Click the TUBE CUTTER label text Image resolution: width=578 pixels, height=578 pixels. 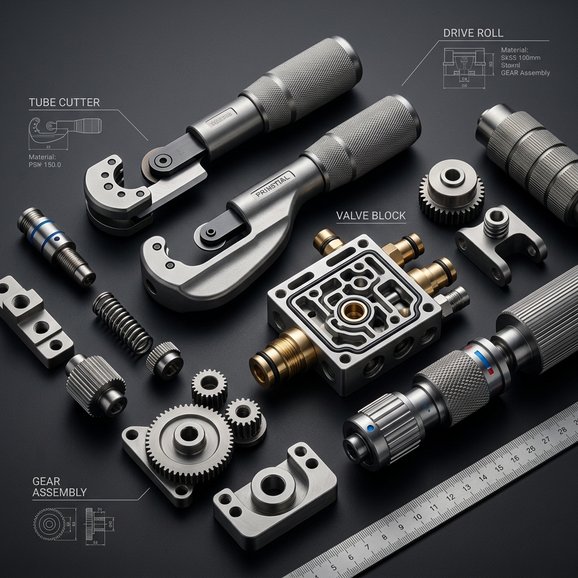click(x=64, y=102)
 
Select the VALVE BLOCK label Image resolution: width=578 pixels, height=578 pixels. click(x=370, y=216)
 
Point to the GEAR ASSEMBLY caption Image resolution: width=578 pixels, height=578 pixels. click(x=59, y=486)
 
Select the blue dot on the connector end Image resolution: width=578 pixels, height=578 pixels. click(x=370, y=428)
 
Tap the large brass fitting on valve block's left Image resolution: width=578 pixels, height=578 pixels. click(x=282, y=355)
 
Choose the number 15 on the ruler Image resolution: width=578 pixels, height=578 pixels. click(x=498, y=468)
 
